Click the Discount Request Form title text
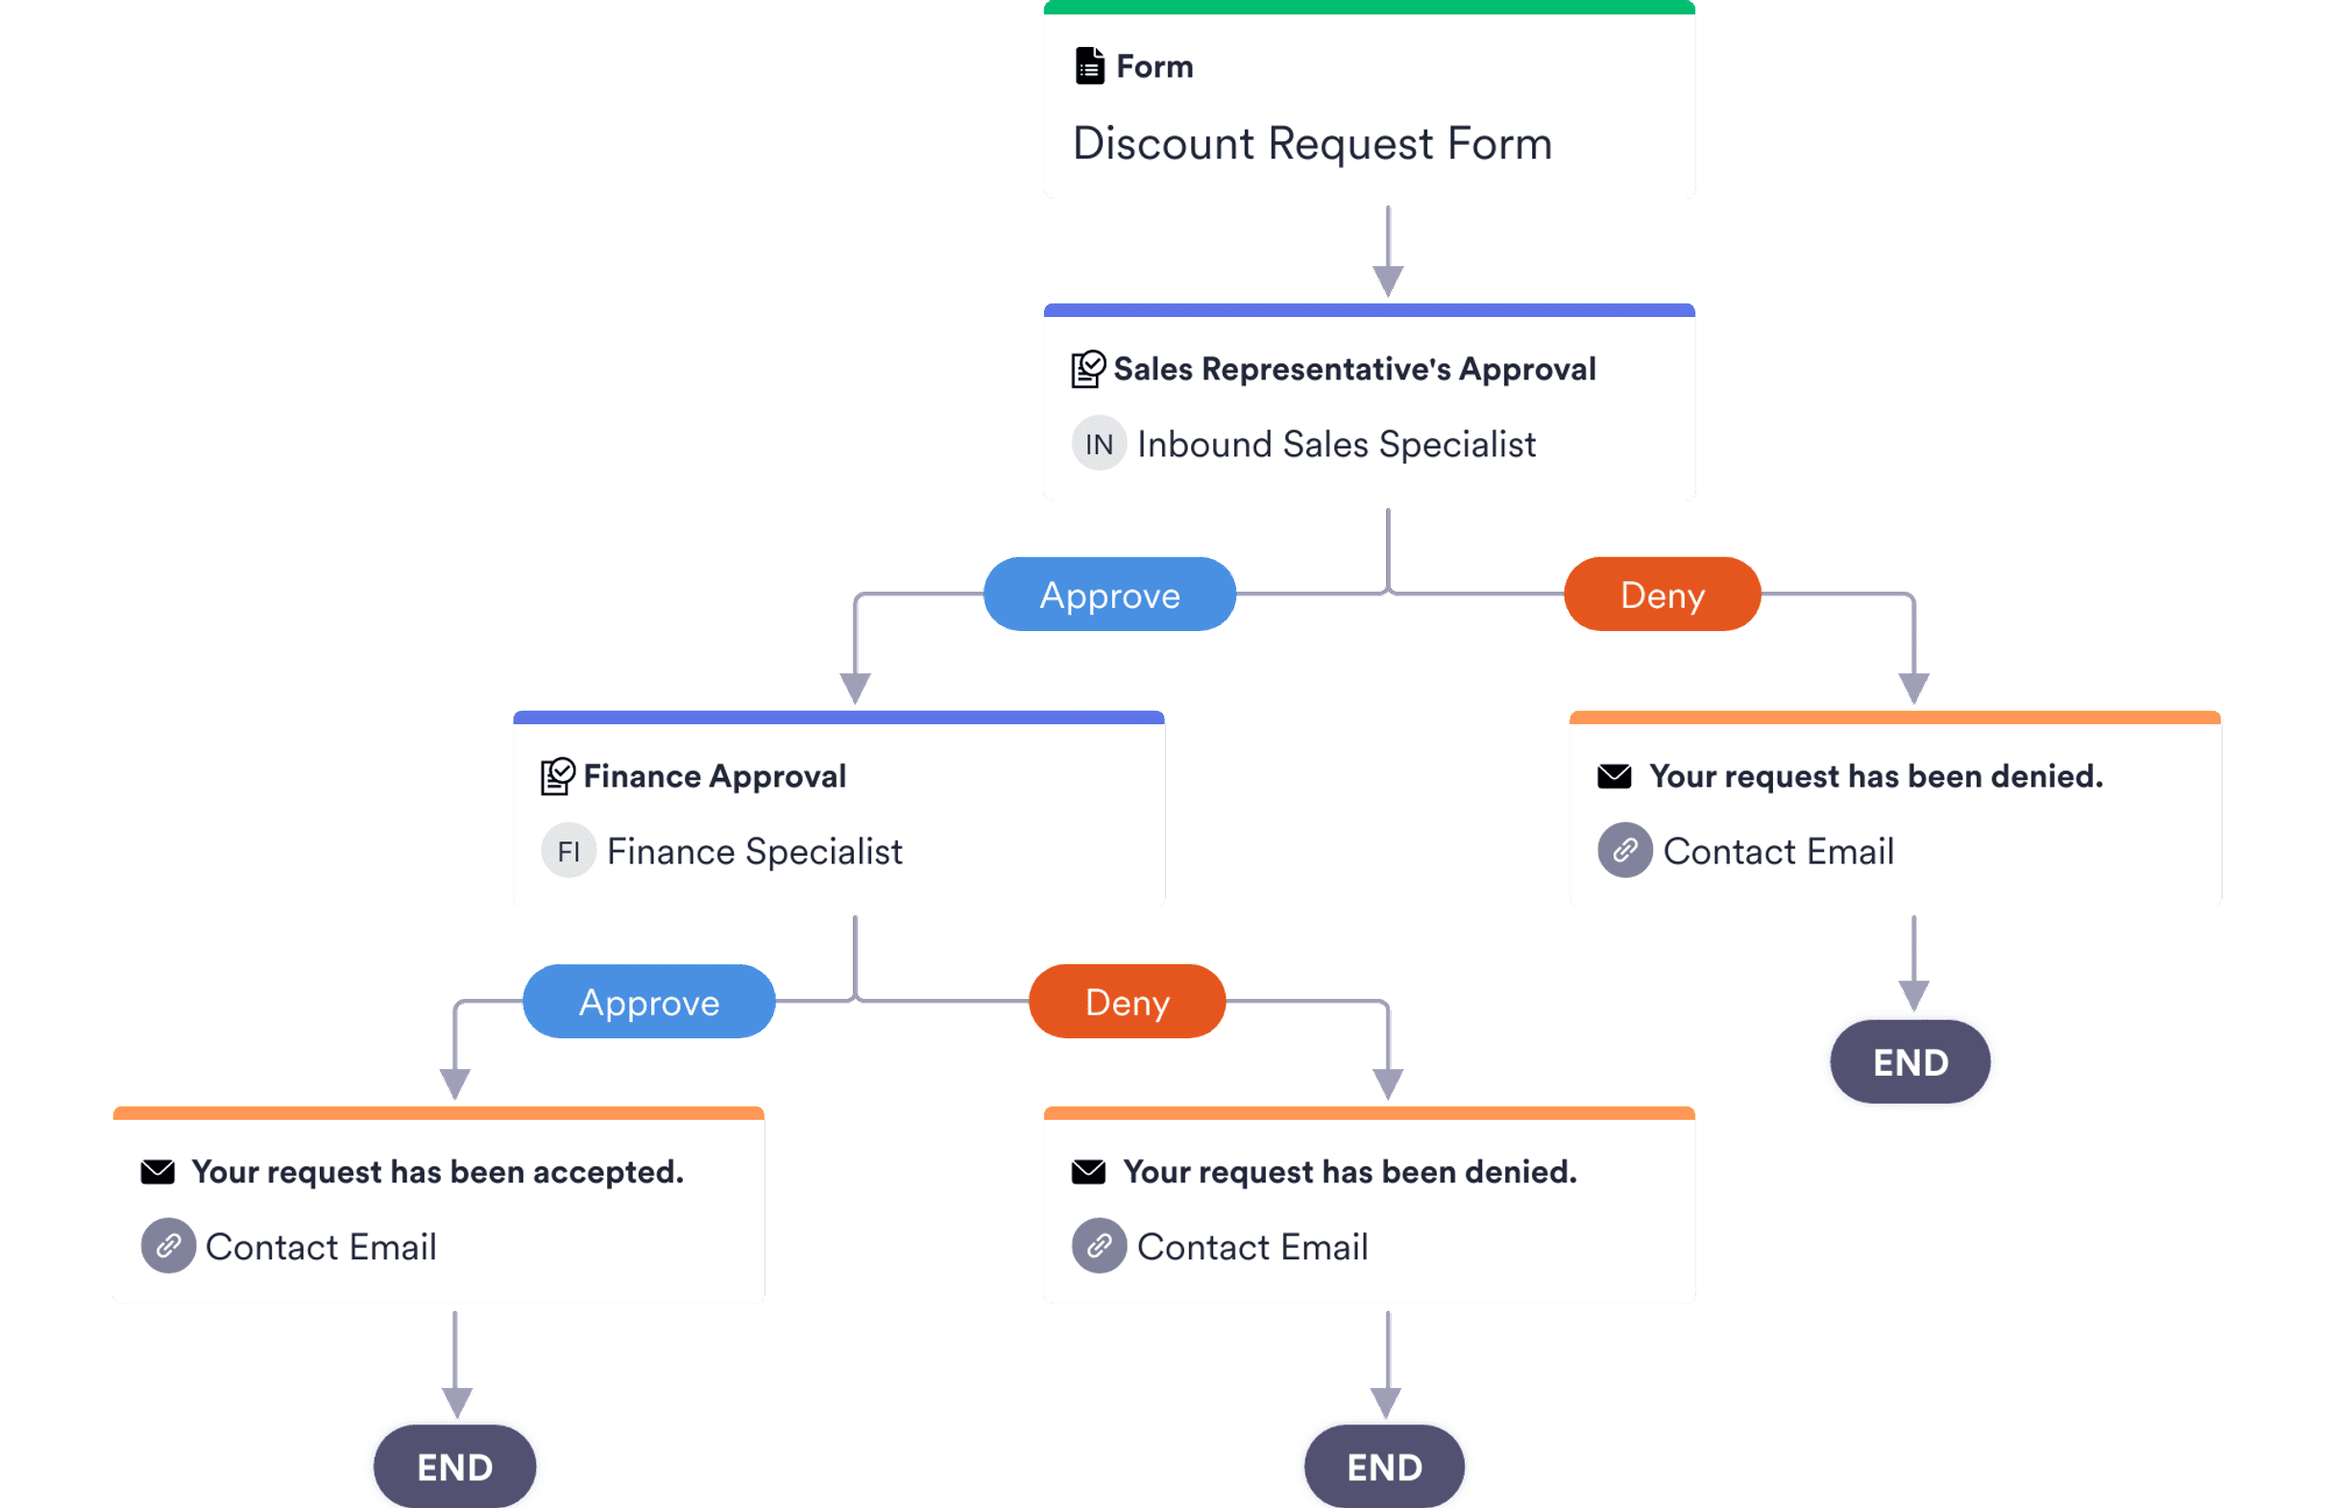point(1312,144)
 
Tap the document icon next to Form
point(1089,66)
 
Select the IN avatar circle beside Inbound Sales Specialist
point(1099,444)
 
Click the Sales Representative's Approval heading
point(1354,369)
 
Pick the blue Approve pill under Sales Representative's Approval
point(1109,595)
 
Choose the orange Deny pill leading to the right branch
point(1662,595)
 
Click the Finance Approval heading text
point(714,776)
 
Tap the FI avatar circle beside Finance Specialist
point(569,851)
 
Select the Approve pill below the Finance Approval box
point(649,1002)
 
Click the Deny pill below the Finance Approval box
point(1127,1002)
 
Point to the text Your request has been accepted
point(438,1172)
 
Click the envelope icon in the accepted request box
point(158,1172)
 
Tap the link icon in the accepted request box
point(168,1246)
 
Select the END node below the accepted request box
point(455,1467)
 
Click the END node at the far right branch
point(1910,1062)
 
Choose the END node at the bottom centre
point(1384,1467)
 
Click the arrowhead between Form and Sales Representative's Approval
point(1387,280)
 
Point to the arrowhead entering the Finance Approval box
point(855,688)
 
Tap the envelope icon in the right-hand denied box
point(1615,776)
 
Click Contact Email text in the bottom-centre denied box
point(1252,1247)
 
